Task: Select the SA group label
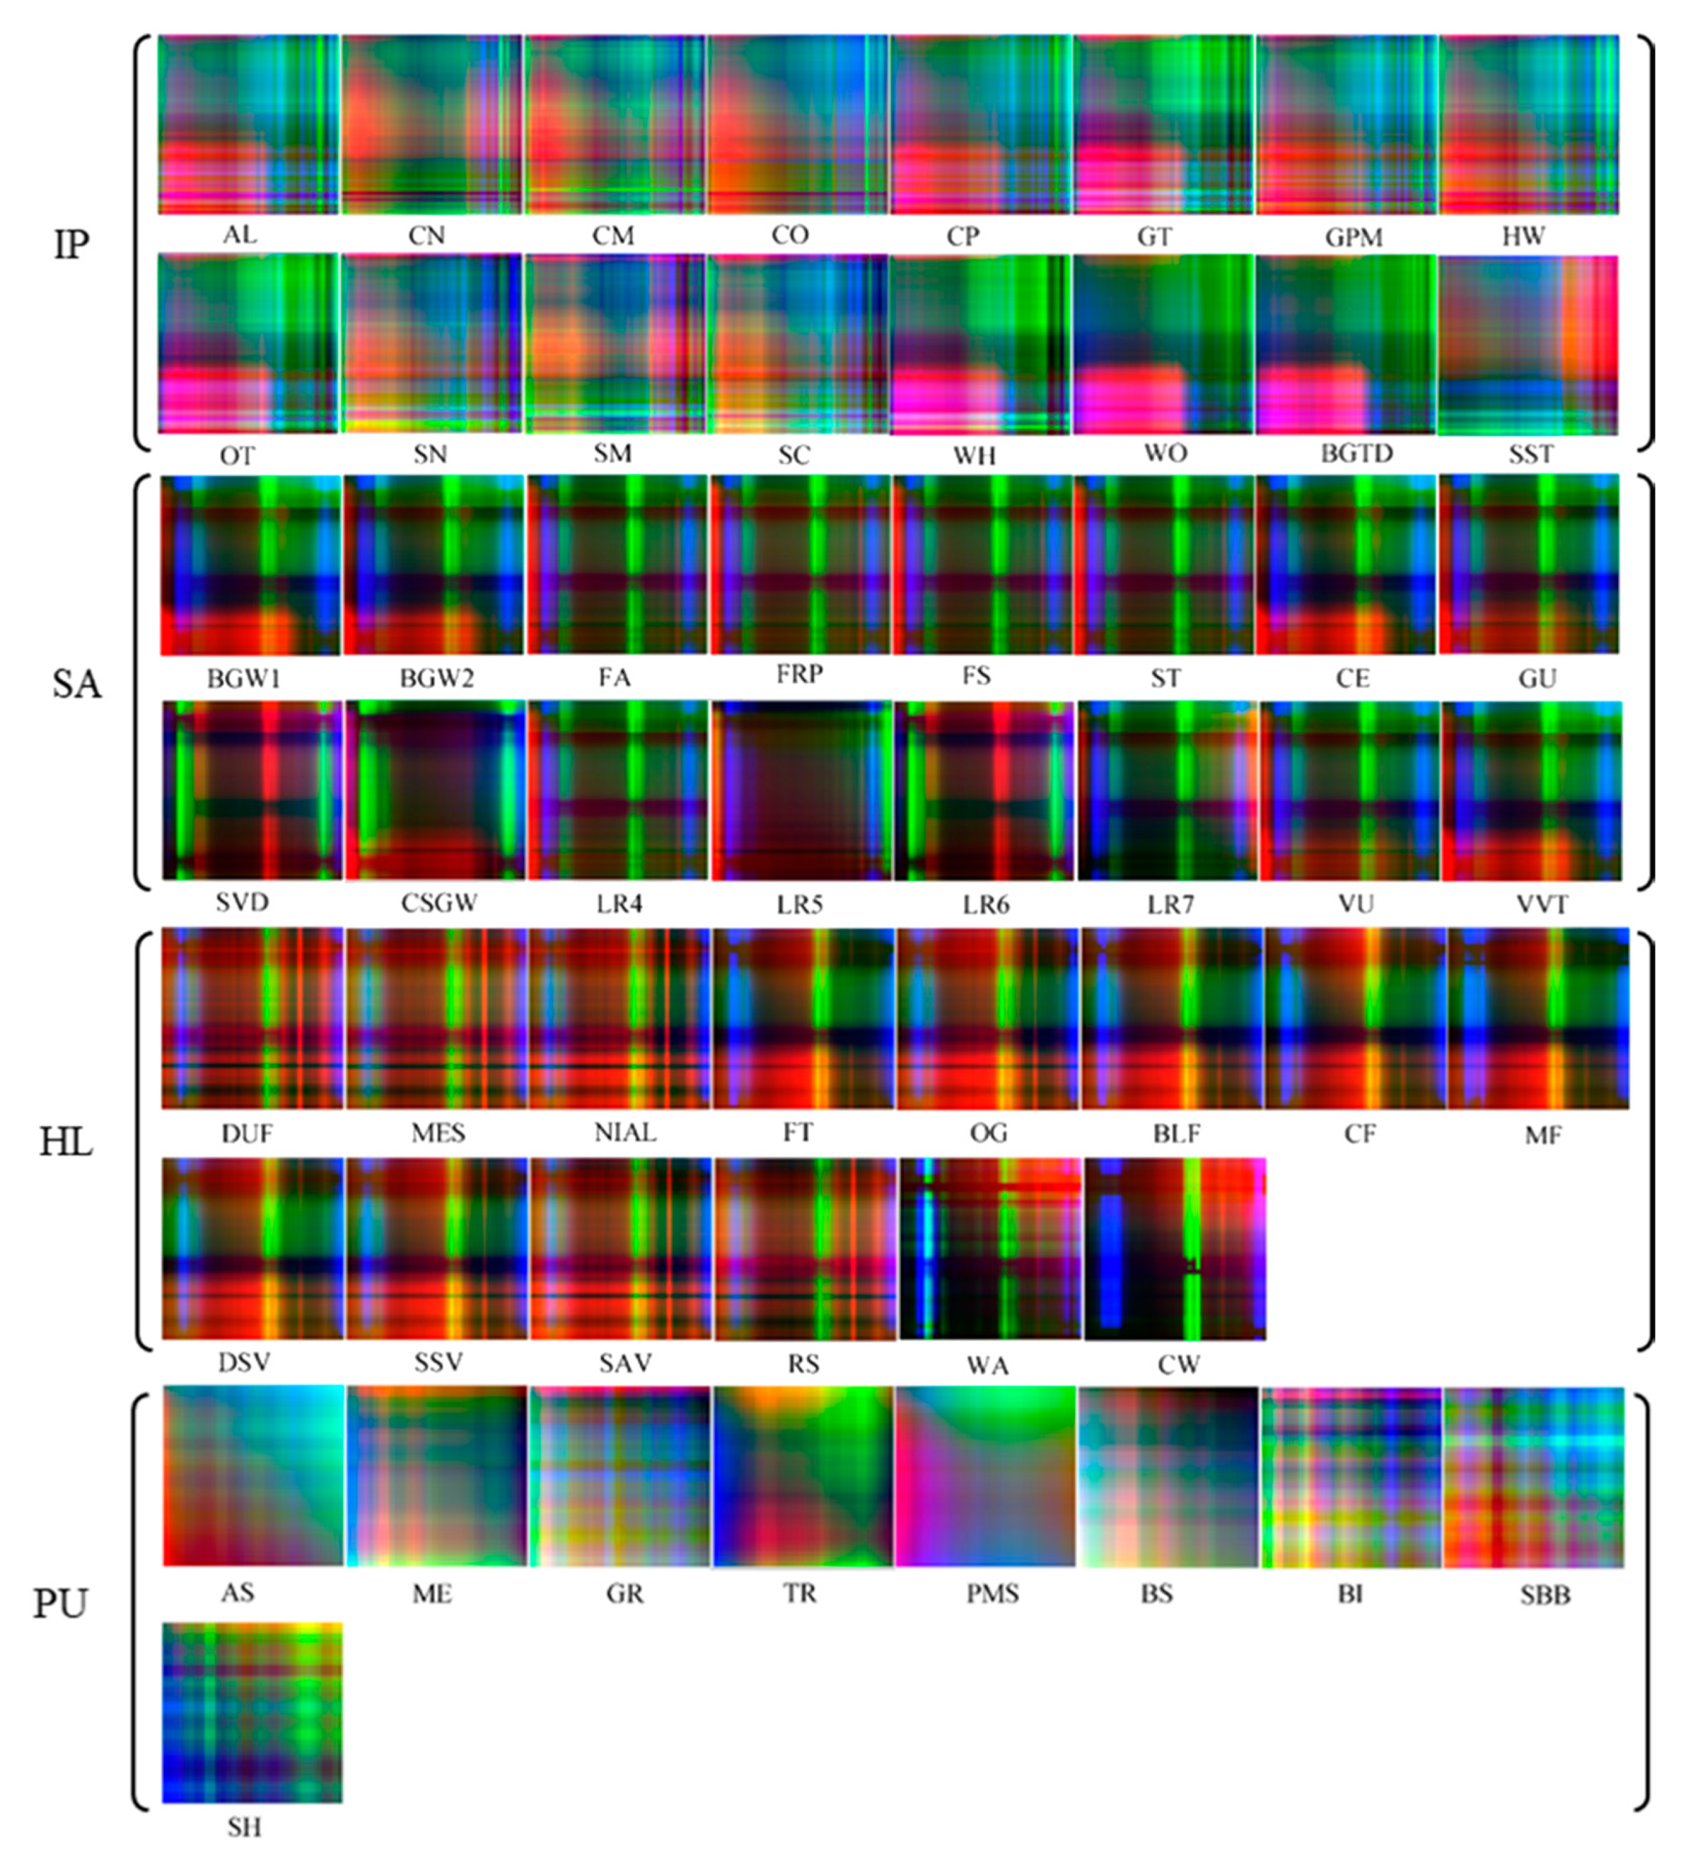[76, 684]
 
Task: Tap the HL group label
[66, 1142]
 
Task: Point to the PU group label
[60, 1603]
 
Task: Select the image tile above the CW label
[1175, 1249]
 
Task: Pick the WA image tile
[989, 1249]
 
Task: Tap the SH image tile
[252, 1712]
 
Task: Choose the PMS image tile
[986, 1476]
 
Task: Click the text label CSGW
[438, 903]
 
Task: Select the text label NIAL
[625, 1132]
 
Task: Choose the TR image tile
[803, 1476]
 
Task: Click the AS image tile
[253, 1476]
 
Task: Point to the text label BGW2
[436, 679]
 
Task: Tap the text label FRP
[799, 674]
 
